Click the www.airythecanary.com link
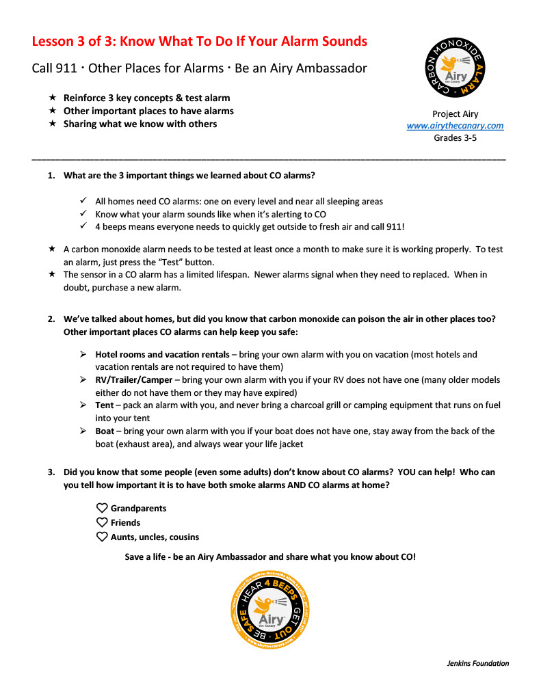pos(455,126)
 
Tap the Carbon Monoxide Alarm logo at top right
pos(456,68)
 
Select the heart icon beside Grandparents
pos(102,508)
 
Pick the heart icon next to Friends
pos(102,522)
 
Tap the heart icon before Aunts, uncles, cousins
pos(102,537)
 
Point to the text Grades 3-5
pos(455,137)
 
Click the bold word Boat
pos(105,431)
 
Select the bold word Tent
pos(105,405)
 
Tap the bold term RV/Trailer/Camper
pos(134,380)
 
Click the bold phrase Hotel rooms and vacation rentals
pos(162,355)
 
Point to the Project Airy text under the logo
pos(455,114)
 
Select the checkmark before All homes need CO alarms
pos(82,202)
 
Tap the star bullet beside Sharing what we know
pos(52,124)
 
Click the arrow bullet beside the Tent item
pos(82,405)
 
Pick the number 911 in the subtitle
pos(69,68)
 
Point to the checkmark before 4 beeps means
pos(82,226)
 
